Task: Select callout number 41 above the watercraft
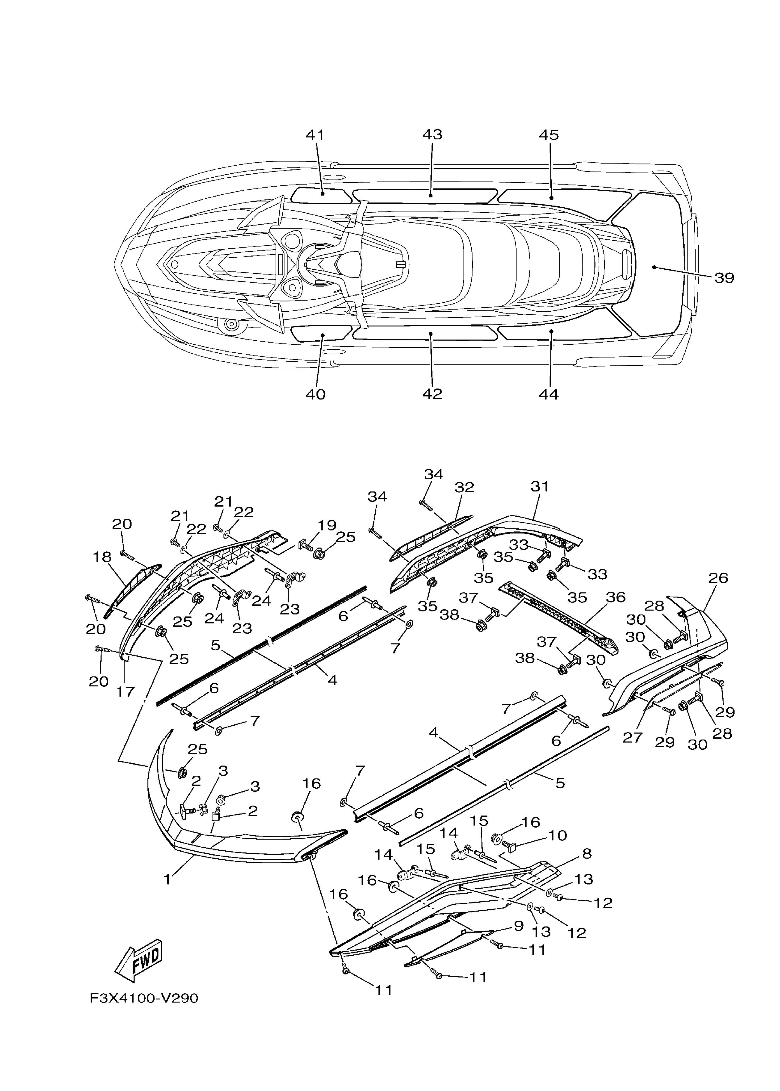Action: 315,135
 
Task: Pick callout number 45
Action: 549,135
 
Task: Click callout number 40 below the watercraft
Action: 315,394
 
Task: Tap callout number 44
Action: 549,394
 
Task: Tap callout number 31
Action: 539,486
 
